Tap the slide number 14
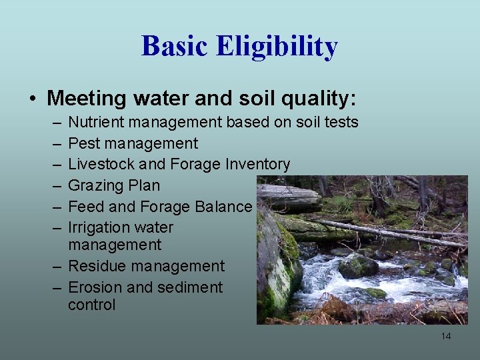[x=446, y=336]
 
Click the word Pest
[x=83, y=143]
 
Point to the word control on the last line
[x=91, y=305]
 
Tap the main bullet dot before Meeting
[x=33, y=99]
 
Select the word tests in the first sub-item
[x=341, y=122]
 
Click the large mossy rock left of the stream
[x=279, y=263]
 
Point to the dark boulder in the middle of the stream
[x=358, y=266]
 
